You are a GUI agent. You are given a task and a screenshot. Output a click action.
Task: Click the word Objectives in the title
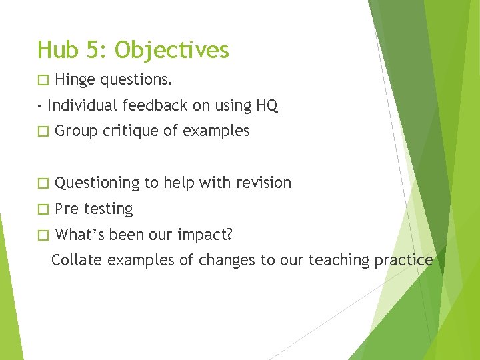(x=172, y=51)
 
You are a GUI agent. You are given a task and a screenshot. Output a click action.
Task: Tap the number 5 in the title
(x=94, y=50)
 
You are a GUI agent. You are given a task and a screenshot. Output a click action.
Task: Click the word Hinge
(x=75, y=81)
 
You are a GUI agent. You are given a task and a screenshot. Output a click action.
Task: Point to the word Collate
(x=74, y=259)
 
